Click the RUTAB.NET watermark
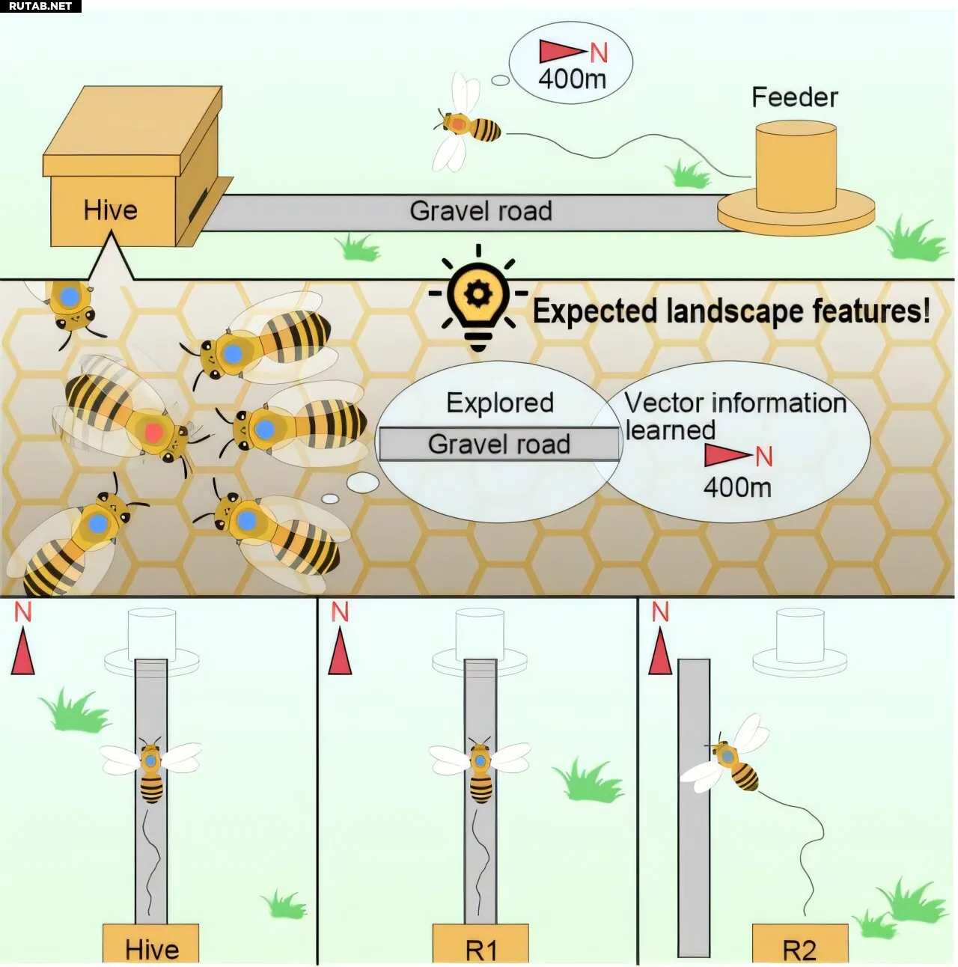[x=40, y=6]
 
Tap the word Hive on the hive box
[x=111, y=210]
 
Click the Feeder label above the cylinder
[x=794, y=97]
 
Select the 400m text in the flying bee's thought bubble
[x=572, y=79]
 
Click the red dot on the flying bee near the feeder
[x=457, y=123]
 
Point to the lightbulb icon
[x=478, y=299]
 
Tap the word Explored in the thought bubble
[x=500, y=403]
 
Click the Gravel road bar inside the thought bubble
[x=499, y=444]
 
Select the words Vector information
[x=736, y=403]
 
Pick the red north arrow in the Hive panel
[x=23, y=651]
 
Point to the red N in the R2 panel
[x=660, y=612]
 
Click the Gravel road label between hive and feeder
[x=480, y=211]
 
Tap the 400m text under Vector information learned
[x=737, y=487]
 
